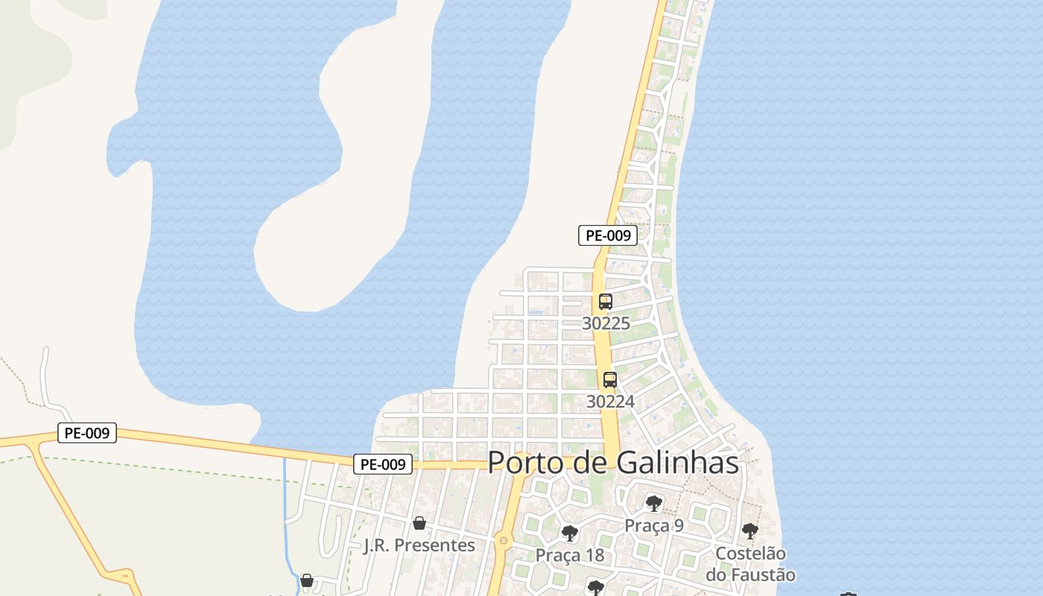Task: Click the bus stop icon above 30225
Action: [605, 302]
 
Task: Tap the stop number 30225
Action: [606, 323]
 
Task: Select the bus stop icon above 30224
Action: [609, 379]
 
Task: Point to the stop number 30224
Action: [610, 402]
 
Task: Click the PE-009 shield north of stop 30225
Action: [608, 235]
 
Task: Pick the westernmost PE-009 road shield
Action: [87, 433]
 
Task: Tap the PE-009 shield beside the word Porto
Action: [383, 464]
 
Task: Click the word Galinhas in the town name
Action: [677, 463]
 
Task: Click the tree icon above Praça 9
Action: [653, 504]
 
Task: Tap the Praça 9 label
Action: [653, 525]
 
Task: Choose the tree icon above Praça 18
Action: [570, 533]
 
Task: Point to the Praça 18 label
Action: [570, 556]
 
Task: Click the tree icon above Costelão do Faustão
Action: [749, 531]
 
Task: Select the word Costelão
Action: [750, 554]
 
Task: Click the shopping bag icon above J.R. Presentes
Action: [419, 523]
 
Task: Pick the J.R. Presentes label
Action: [419, 545]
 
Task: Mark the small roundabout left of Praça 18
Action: [504, 540]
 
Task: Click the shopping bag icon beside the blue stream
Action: [306, 580]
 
